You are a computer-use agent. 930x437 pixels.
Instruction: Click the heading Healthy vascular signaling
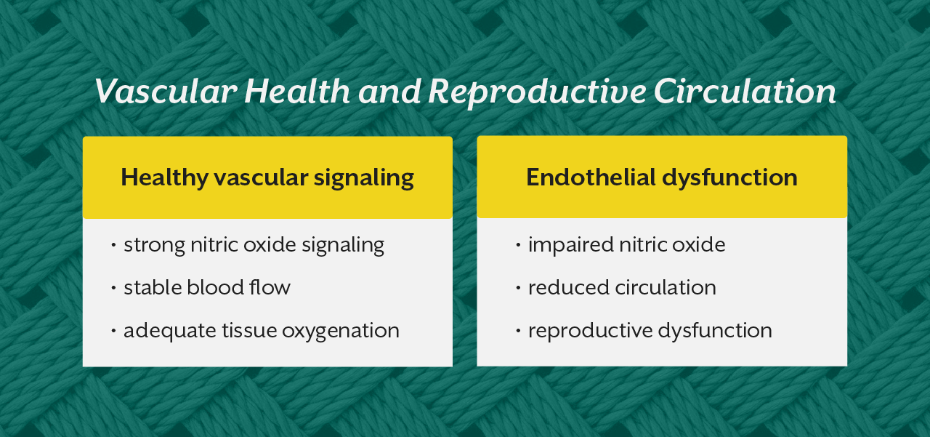pos(267,177)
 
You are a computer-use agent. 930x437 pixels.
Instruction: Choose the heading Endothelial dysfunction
pos(661,177)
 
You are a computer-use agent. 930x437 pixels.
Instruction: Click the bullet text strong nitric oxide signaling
pos(254,244)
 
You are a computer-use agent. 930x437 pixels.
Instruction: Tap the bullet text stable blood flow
pos(207,287)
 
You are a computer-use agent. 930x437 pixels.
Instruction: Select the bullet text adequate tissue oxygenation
pos(262,331)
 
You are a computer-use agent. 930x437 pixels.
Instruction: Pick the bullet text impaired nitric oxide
pos(626,244)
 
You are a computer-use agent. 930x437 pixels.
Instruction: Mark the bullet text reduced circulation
pos(622,287)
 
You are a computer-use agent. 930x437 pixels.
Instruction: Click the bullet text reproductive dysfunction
pos(650,331)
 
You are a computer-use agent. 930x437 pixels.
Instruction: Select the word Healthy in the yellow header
pos(164,177)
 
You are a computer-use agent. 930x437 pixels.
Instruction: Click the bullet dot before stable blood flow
pos(113,288)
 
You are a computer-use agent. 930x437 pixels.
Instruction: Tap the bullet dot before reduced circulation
pos(518,288)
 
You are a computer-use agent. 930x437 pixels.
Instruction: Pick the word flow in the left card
pos(273,287)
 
